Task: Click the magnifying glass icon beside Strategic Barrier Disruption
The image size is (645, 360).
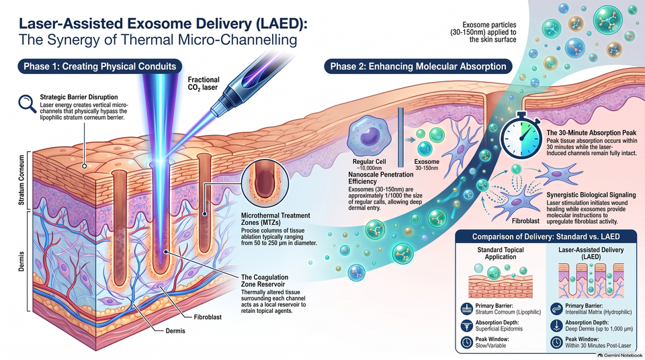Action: click(x=27, y=103)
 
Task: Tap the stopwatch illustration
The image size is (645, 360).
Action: click(x=521, y=136)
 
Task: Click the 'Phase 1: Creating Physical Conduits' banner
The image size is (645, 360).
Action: click(x=99, y=66)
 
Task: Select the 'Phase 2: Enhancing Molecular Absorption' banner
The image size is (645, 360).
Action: click(x=418, y=66)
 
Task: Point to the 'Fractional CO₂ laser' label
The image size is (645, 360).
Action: click(x=204, y=83)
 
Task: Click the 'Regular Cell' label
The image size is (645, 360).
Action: click(x=370, y=162)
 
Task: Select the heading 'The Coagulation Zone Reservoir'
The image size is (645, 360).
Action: click(x=265, y=281)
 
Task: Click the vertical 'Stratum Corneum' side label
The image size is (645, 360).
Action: click(x=21, y=180)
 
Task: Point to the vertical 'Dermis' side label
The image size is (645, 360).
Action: click(x=21, y=261)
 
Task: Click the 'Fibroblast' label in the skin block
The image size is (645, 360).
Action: click(x=208, y=317)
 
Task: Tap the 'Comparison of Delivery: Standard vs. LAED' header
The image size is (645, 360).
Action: click(x=546, y=236)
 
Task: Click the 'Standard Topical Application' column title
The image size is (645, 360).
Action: click(x=500, y=253)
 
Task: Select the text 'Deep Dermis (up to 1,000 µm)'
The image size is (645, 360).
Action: click(x=599, y=328)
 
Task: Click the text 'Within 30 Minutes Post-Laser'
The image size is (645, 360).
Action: click(x=598, y=346)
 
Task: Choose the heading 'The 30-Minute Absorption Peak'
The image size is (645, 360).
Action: click(x=591, y=133)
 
